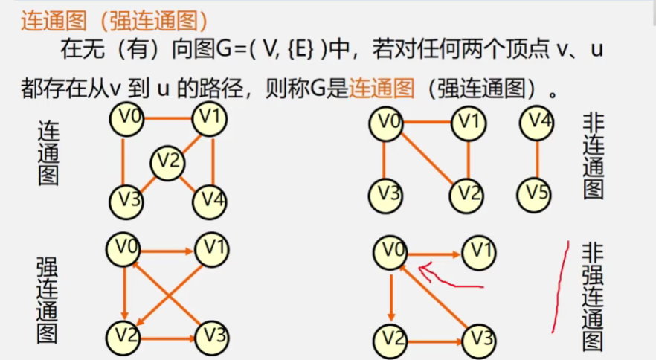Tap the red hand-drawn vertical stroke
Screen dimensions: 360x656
[x=559, y=286]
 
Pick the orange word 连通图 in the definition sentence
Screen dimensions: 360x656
[x=382, y=89]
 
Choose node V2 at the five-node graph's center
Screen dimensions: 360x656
[x=168, y=161]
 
